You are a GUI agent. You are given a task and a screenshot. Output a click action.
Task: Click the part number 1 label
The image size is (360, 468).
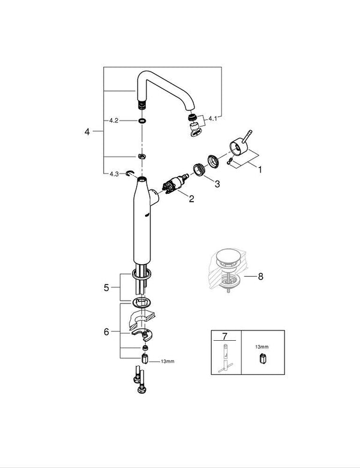(x=260, y=170)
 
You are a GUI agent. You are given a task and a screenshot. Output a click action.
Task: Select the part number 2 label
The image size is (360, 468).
(x=191, y=199)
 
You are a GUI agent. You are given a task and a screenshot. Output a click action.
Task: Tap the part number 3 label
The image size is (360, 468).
(x=217, y=184)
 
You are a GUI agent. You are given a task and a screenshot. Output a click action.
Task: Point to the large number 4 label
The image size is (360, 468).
(x=88, y=131)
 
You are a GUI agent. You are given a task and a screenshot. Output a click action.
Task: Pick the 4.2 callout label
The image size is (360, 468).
(x=114, y=120)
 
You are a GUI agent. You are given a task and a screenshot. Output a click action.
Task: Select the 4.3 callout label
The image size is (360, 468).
(x=114, y=174)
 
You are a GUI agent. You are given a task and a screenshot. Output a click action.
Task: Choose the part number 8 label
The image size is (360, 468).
(x=260, y=277)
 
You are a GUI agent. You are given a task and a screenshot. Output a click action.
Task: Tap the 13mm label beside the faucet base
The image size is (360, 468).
(x=167, y=362)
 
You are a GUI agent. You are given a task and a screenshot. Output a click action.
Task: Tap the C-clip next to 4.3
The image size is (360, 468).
(x=131, y=174)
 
